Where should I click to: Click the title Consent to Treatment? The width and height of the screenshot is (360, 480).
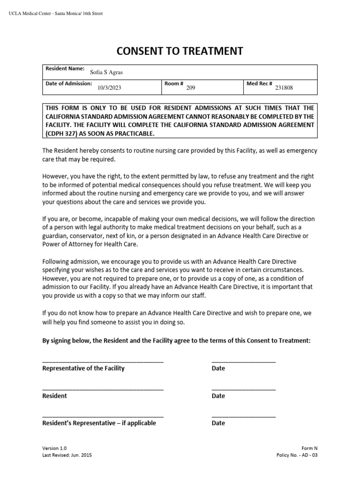click(x=180, y=51)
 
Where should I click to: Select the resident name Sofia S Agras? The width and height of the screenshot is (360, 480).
click(x=106, y=72)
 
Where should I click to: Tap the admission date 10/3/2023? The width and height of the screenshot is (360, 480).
click(x=109, y=87)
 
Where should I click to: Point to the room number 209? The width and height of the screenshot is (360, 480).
click(x=190, y=87)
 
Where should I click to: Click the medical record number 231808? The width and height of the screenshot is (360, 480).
click(x=284, y=87)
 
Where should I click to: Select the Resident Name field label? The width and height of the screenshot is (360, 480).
click(x=65, y=68)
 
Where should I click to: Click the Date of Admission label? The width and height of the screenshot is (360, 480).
click(x=68, y=83)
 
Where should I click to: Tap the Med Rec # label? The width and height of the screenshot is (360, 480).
click(x=259, y=83)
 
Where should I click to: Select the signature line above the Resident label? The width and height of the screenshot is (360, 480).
click(x=103, y=390)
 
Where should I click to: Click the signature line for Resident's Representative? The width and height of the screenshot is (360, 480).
click(x=103, y=417)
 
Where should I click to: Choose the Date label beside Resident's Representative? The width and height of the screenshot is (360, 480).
click(x=218, y=423)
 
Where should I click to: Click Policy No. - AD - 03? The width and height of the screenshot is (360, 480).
click(x=297, y=455)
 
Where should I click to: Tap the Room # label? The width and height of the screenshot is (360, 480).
click(x=173, y=83)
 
